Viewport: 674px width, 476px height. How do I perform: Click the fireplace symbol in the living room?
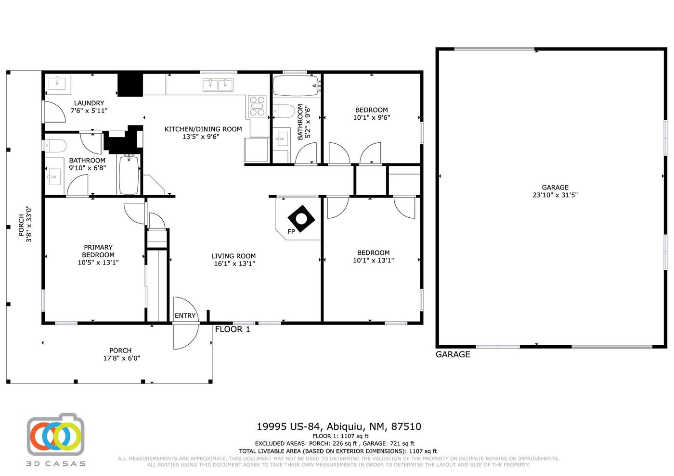[301, 219]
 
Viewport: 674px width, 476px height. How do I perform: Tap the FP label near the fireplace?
[291, 231]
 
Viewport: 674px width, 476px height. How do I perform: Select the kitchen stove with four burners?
[257, 106]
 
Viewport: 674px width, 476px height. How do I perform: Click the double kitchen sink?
[218, 85]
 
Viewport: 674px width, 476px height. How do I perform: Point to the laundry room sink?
[57, 82]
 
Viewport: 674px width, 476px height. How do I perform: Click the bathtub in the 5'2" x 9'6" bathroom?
[296, 86]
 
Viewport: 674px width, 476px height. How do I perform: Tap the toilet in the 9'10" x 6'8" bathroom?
[55, 146]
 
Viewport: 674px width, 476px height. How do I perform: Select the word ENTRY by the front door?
[185, 315]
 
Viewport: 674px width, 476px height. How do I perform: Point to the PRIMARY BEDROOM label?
[98, 251]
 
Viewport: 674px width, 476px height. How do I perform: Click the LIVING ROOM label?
[233, 256]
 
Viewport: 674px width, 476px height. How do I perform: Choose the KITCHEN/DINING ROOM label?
[203, 129]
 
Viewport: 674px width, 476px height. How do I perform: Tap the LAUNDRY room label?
[89, 103]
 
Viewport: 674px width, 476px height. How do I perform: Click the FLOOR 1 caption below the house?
[232, 329]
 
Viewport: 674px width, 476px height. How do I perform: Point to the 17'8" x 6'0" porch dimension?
[122, 358]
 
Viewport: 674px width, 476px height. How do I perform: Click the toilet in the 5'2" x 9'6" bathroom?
[285, 111]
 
